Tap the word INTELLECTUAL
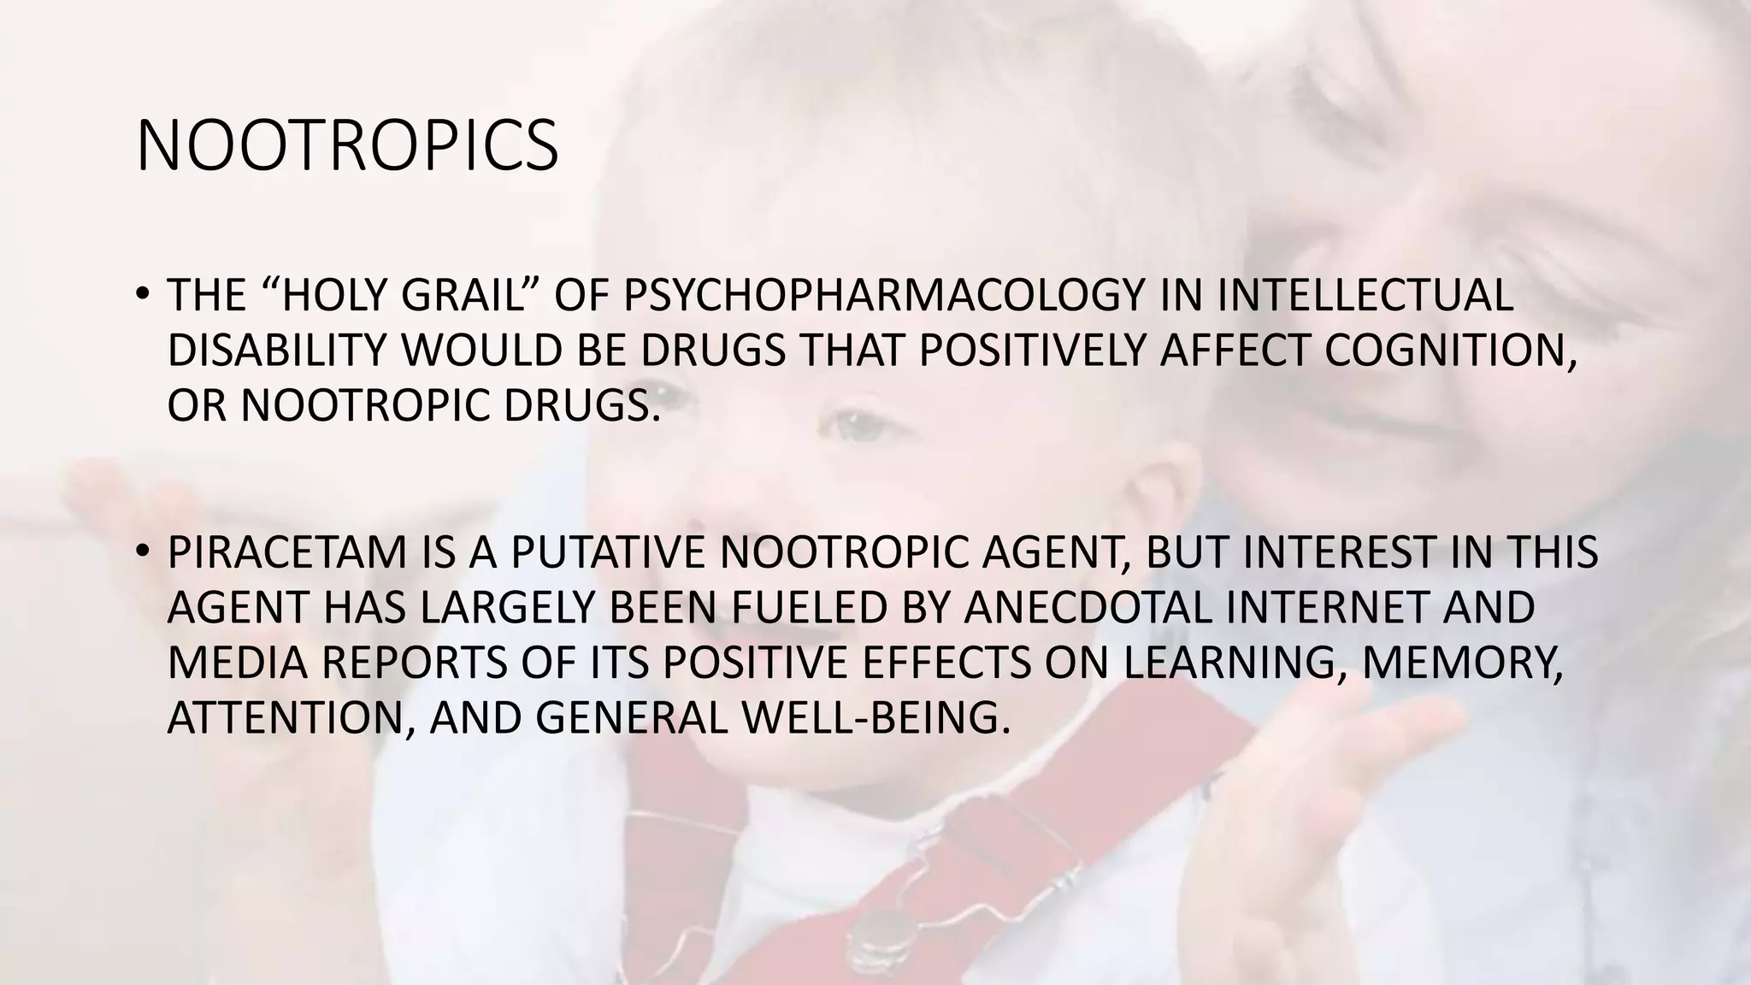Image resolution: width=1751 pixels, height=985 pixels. (1365, 296)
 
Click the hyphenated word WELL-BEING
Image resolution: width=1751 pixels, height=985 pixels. (870, 717)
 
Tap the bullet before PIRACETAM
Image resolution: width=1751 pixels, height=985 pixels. (142, 550)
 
